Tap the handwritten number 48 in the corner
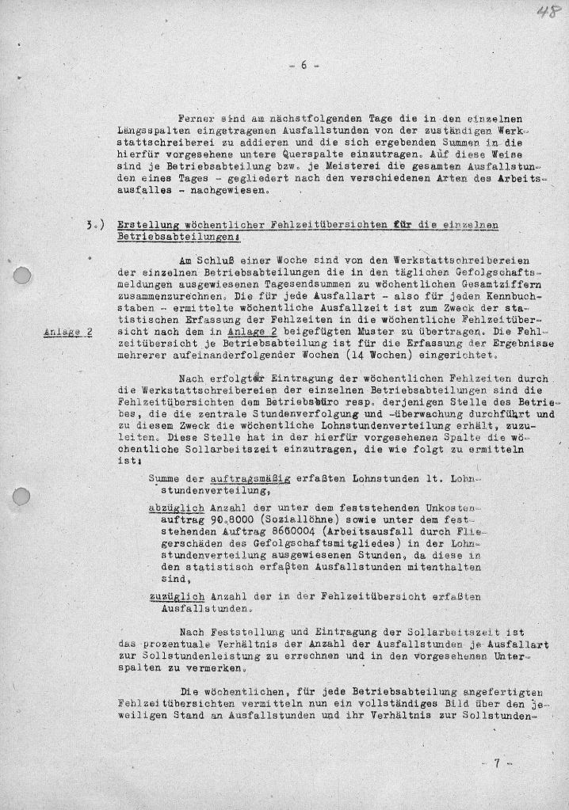[x=544, y=13]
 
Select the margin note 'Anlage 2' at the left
[x=67, y=332]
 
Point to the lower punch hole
[x=24, y=496]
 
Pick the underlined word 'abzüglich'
[x=175, y=507]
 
